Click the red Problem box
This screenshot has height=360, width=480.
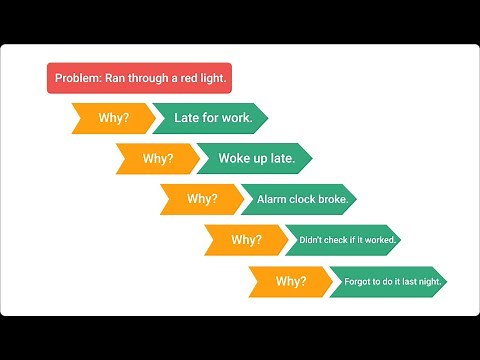coord(139,78)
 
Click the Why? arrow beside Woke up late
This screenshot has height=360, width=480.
coord(157,158)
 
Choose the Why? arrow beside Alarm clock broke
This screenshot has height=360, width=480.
coord(201,199)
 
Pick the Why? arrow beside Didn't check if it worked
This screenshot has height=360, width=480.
coord(246,240)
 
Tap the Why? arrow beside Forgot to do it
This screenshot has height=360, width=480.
coord(291,281)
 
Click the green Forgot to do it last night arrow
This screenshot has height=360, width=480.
coord(386,281)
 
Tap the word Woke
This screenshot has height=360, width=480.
coord(236,158)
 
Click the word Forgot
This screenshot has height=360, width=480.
coord(358,281)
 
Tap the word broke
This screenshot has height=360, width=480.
coord(332,199)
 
